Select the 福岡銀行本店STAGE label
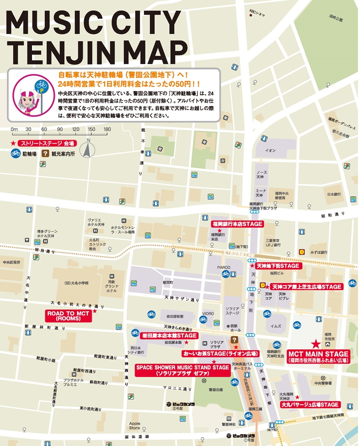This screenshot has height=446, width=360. tap(238, 223)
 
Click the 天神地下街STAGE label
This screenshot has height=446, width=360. tap(278, 265)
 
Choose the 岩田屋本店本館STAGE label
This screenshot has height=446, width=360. tap(164, 335)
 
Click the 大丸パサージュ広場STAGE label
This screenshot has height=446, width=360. tap(310, 405)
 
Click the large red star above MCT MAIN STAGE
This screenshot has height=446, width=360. tap(316, 343)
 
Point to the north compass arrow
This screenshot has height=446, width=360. tap(88, 148)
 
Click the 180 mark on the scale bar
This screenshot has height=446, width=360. tap(107, 129)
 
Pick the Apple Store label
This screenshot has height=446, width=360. tap(134, 425)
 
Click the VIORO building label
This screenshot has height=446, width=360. tap(208, 313)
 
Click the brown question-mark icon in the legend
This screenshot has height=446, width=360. tap(45, 153)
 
